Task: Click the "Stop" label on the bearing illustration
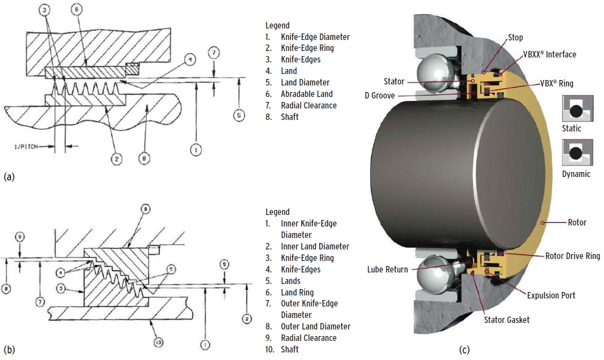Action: (516, 37)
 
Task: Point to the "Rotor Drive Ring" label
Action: (572, 256)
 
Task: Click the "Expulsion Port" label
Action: (551, 295)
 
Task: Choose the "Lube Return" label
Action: (388, 269)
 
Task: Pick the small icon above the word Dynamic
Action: (577, 153)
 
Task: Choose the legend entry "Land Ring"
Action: (297, 292)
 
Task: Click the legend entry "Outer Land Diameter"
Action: (315, 326)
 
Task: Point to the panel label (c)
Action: (465, 349)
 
